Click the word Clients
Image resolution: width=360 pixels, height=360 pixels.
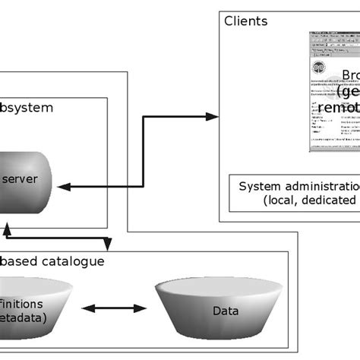pyautogui.click(x=245, y=21)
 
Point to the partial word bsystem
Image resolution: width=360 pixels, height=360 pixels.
pyautogui.click(x=27, y=107)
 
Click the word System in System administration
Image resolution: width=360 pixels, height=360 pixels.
pyautogui.click(x=258, y=186)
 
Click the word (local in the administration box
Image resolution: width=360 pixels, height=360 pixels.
pyautogui.click(x=283, y=201)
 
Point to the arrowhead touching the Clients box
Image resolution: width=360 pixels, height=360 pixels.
pyautogui.click(x=212, y=116)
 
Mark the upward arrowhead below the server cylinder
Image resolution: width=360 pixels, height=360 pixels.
pyautogui.click(x=6, y=227)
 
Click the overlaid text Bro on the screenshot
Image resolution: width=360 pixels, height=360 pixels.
pyautogui.click(x=349, y=75)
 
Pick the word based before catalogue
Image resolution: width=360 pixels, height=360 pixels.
pyautogui.click(x=19, y=262)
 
